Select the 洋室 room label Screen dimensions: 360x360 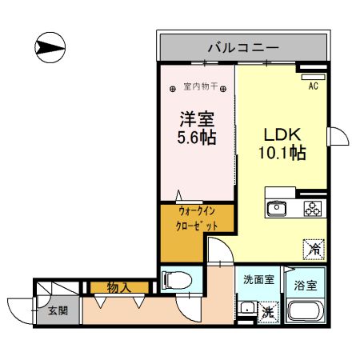click(x=195, y=119)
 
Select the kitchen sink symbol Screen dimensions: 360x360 click(x=276, y=209)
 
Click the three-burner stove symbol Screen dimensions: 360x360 click(x=311, y=209)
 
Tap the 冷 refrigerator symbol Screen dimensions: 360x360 click(x=314, y=249)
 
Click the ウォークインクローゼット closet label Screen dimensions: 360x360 click(x=196, y=219)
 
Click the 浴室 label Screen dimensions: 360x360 click(x=306, y=285)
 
